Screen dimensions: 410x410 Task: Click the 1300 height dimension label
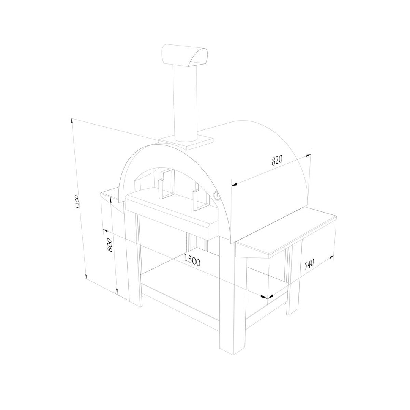pos(77,202)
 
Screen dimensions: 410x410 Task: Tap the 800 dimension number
pos(110,245)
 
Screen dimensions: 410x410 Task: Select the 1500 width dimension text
pos(192,260)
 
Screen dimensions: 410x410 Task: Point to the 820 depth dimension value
pos(277,160)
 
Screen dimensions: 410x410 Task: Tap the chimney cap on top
pos(185,56)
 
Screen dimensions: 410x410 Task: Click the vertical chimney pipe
pos(185,102)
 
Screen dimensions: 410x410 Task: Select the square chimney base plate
pos(186,142)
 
